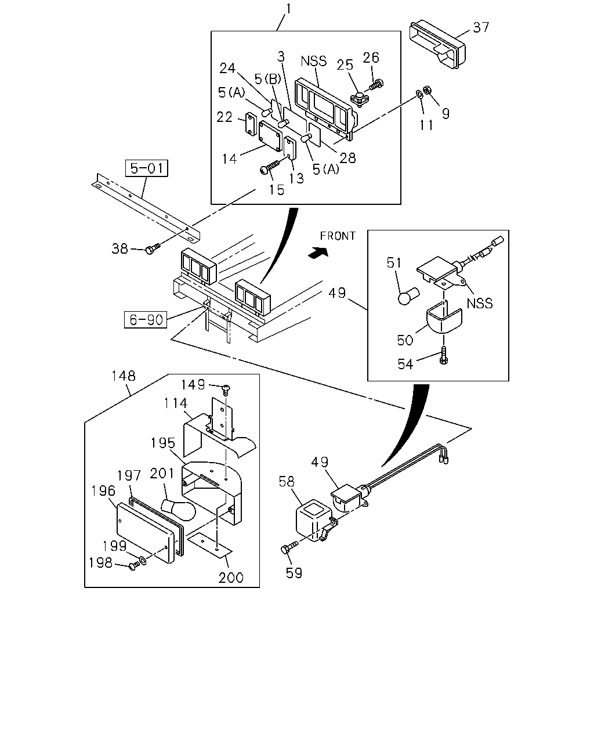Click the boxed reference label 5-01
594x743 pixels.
[x=147, y=168]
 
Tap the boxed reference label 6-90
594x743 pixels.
[x=146, y=320]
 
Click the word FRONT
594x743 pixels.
[x=338, y=236]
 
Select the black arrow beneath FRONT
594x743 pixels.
[x=318, y=253]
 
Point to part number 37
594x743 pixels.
[x=481, y=27]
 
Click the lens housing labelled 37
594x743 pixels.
[x=437, y=46]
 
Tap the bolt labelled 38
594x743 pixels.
[x=153, y=248]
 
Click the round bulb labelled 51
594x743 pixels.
[x=408, y=296]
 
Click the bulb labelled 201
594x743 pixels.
[x=178, y=510]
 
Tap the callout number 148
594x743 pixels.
[x=123, y=376]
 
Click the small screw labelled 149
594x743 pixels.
[x=226, y=389]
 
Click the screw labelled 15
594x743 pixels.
[x=269, y=167]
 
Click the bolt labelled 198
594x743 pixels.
[x=134, y=565]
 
